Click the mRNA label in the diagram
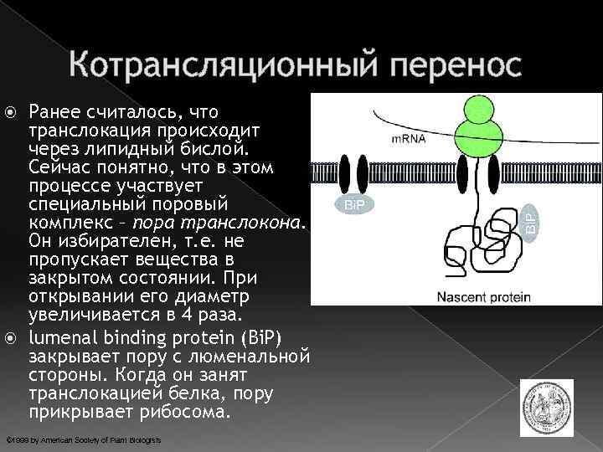pos(408,139)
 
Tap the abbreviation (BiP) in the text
pos(260,337)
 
